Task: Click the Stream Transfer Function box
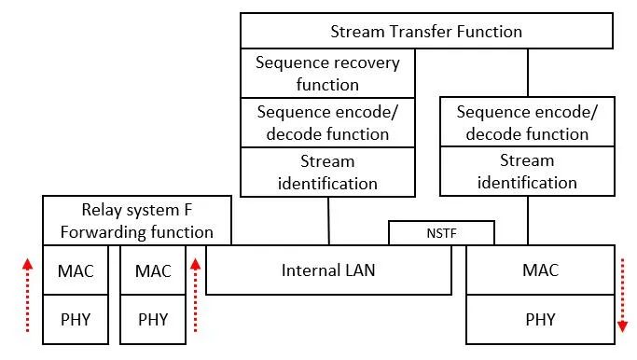(426, 31)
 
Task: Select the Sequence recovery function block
(327, 74)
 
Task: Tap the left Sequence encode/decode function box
(327, 123)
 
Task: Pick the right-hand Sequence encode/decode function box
(527, 123)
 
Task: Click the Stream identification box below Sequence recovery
(327, 172)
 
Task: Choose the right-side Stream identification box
(527, 172)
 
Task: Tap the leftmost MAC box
(76, 270)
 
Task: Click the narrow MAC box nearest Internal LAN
(153, 270)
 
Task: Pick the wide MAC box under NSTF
(540, 270)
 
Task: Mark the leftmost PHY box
(76, 319)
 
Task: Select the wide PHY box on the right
(540, 319)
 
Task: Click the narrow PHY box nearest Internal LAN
(153, 319)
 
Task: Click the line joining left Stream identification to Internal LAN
(328, 220)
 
